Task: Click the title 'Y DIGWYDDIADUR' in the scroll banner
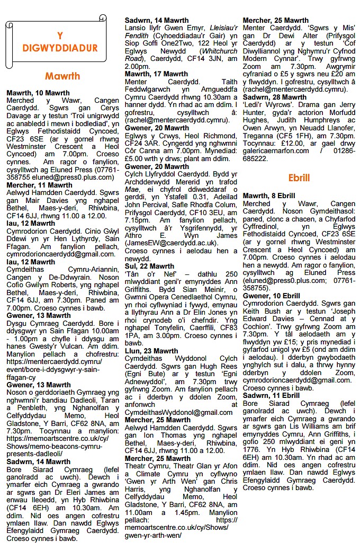click(60, 42)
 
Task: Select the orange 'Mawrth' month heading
click(62, 76)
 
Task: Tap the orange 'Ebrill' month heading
click(299, 178)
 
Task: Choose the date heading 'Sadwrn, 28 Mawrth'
click(275, 97)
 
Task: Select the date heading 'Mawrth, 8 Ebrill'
click(269, 196)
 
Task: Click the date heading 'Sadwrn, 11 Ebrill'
click(271, 396)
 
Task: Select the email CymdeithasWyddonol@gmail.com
click(179, 412)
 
